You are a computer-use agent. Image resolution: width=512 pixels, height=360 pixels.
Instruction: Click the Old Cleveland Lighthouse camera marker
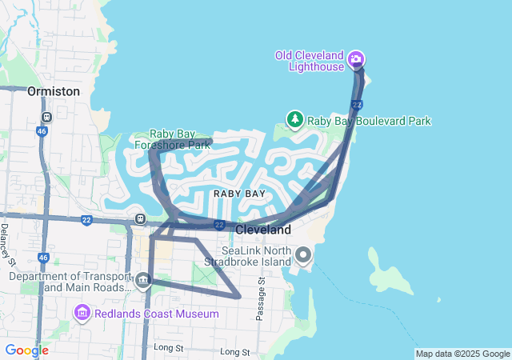(x=356, y=58)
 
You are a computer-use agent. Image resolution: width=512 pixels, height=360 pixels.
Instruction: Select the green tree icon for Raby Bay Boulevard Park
(x=294, y=120)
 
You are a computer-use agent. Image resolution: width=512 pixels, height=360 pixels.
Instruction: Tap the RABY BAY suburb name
(x=239, y=194)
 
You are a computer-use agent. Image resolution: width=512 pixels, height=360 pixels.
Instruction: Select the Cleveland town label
(x=263, y=230)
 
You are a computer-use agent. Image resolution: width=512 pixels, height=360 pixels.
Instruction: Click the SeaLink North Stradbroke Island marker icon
(x=303, y=255)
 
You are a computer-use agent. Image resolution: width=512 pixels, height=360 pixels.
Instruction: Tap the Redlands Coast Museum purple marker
(x=81, y=313)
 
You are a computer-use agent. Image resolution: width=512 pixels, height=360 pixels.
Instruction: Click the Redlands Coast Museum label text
(x=156, y=314)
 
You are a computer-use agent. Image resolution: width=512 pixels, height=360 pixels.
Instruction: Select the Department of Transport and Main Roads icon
(x=143, y=280)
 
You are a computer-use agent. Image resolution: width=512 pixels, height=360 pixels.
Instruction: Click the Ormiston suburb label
(x=54, y=91)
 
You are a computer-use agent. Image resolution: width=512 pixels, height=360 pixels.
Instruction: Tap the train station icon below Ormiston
(x=47, y=117)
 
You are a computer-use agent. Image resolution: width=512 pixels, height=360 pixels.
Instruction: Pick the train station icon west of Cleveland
(x=141, y=218)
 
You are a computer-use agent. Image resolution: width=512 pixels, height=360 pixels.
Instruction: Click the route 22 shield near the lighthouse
(x=357, y=105)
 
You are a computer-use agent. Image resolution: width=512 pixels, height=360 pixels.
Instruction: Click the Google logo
(x=26, y=350)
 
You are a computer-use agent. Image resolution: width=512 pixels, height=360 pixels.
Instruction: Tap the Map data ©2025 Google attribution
(x=462, y=354)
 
